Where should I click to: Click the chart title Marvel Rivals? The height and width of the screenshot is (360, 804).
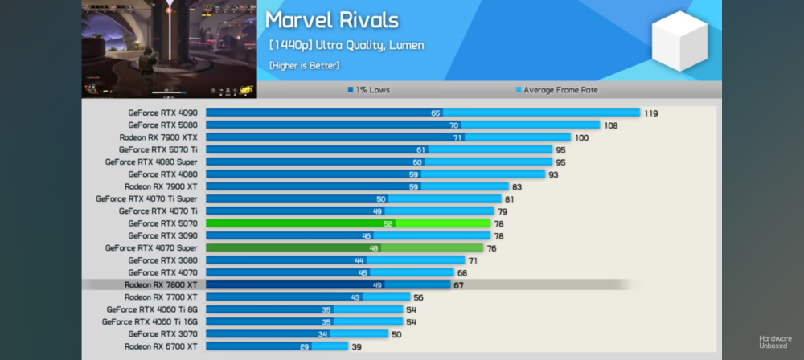click(331, 20)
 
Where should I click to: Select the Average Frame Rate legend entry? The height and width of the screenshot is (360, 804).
click(556, 90)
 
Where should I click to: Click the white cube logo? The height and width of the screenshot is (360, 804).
click(679, 40)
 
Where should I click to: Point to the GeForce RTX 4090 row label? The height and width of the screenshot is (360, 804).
click(163, 113)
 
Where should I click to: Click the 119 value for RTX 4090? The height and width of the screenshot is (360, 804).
click(650, 113)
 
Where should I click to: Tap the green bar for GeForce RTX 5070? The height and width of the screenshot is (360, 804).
click(348, 223)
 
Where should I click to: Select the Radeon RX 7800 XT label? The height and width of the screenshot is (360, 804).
click(161, 284)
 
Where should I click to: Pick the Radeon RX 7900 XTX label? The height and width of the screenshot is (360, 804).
click(158, 137)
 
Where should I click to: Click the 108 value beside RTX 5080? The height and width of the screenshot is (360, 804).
click(611, 125)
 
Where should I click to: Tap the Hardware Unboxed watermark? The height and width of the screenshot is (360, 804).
click(775, 342)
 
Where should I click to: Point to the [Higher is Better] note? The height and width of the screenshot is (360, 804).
click(304, 65)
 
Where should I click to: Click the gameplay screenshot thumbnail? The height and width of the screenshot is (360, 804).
click(169, 48)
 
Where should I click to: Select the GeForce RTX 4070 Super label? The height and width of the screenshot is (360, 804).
click(151, 248)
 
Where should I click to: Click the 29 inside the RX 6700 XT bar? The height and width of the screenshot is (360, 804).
click(304, 346)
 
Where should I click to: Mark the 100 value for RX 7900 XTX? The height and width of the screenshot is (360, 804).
click(581, 137)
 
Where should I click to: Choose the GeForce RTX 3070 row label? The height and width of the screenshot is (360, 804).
click(163, 333)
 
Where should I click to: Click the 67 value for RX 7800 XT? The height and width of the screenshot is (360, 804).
click(459, 284)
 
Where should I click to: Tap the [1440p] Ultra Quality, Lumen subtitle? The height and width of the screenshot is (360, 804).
click(347, 45)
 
